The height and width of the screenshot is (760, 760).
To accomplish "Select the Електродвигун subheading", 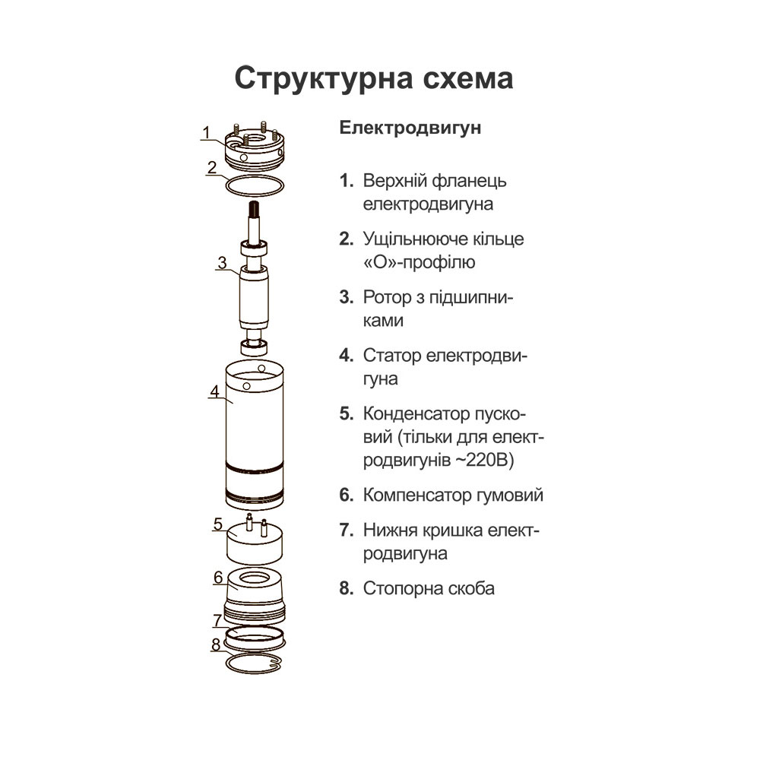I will point(410,128).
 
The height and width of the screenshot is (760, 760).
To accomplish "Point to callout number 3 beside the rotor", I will point(221,263).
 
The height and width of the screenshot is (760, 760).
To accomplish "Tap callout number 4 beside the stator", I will point(215,392).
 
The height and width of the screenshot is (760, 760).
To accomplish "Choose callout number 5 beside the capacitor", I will point(217,524).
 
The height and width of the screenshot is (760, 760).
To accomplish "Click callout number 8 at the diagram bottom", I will point(217,644).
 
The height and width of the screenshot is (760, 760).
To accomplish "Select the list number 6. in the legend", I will point(347,496).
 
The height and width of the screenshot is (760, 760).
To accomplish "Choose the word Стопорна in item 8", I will point(401,589).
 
